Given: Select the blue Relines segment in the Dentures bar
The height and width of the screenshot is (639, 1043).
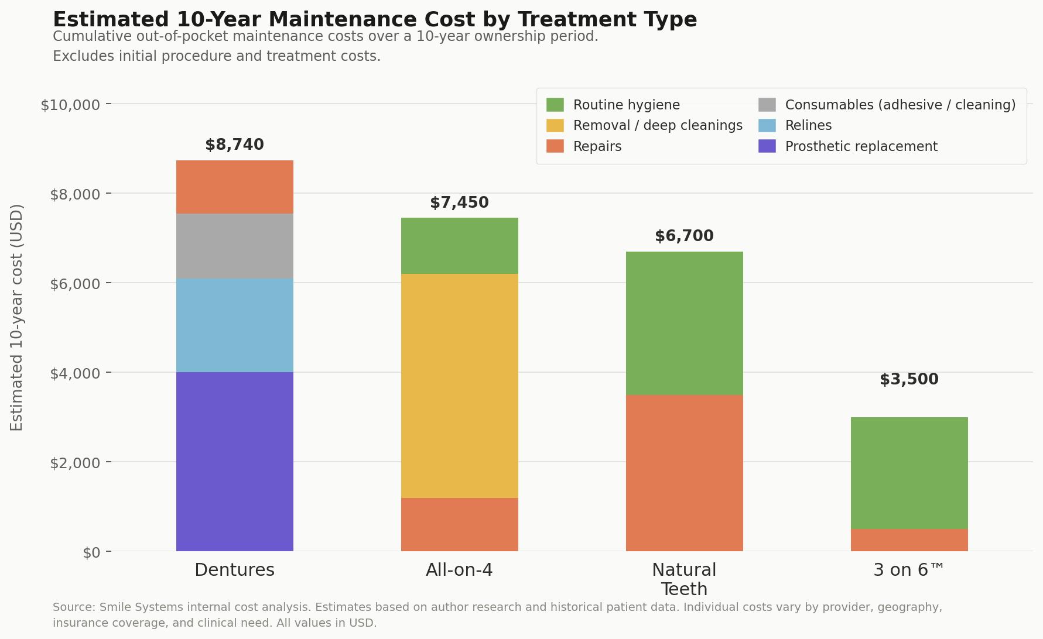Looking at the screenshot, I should (234, 325).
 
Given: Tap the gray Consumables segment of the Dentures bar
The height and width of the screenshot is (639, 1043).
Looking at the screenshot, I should (234, 246).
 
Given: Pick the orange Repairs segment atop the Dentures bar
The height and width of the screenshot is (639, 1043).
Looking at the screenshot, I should (234, 187).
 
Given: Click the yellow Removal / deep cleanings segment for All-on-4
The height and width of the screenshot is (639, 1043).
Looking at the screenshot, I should (459, 386).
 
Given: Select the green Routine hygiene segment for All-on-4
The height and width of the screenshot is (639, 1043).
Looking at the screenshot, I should (459, 246).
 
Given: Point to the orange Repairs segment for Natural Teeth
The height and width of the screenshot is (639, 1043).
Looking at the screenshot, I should (684, 473).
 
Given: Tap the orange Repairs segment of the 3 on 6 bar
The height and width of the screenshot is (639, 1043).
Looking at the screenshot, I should (909, 540).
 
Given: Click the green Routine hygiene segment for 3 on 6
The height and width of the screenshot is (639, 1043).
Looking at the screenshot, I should (909, 473).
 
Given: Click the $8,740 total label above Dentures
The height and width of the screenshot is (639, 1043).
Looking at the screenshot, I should (234, 145).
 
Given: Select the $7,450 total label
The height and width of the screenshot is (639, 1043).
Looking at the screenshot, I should (459, 202).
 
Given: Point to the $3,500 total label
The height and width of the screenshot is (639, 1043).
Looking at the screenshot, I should (909, 379).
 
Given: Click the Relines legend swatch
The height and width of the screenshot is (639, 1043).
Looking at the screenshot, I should (767, 125).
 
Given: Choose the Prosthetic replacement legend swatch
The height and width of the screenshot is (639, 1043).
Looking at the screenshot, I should (767, 146).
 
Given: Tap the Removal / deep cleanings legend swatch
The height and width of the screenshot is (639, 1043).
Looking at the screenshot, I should (555, 125).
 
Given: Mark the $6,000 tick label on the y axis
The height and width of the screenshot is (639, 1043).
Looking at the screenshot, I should (75, 284).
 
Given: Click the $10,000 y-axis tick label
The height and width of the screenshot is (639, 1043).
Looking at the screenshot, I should (70, 105).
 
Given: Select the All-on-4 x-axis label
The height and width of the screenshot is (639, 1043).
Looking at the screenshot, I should (459, 570).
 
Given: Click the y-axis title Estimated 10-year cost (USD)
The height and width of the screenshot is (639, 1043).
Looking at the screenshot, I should (17, 317).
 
